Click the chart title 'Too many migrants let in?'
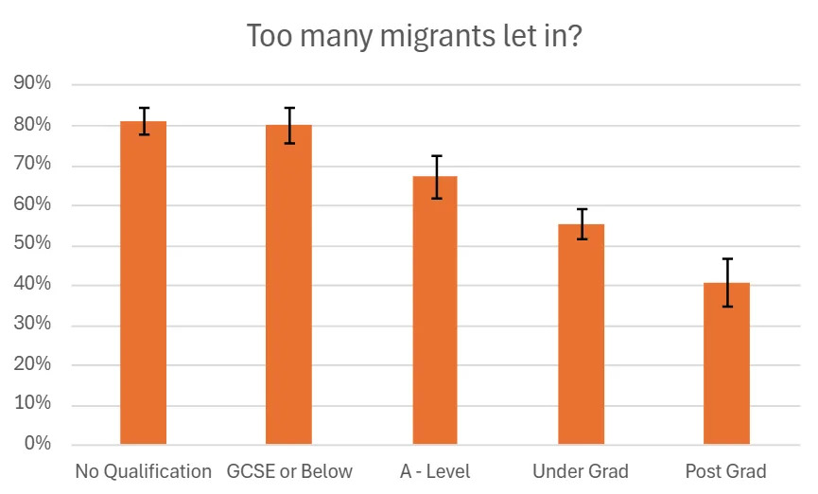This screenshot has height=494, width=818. (409, 36)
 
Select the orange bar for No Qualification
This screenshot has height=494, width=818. (144, 284)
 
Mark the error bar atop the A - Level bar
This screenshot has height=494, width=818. (435, 177)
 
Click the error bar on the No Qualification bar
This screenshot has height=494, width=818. (144, 121)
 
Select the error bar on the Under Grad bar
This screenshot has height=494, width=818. (581, 223)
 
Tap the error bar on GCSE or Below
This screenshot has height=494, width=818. (288, 125)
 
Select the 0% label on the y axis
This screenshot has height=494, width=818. (37, 444)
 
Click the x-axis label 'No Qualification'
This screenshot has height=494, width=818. (144, 471)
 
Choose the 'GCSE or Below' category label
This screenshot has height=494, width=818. (289, 471)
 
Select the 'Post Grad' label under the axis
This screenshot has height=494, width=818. (726, 471)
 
